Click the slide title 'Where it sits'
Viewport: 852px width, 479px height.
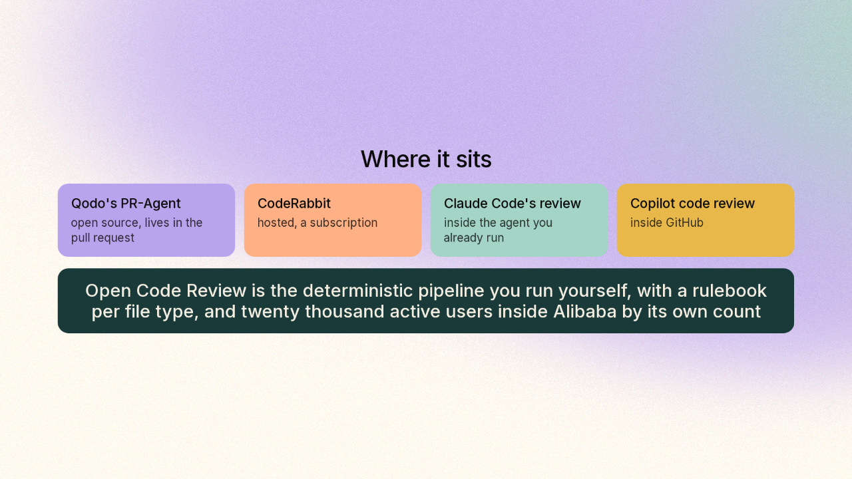click(426, 159)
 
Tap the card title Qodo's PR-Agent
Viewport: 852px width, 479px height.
click(126, 204)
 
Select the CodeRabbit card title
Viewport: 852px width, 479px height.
click(294, 204)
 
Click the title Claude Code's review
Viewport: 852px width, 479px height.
click(513, 204)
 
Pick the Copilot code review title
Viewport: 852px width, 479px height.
click(692, 204)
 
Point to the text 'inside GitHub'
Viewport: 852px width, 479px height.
click(667, 222)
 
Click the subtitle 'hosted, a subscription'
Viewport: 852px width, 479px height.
click(318, 223)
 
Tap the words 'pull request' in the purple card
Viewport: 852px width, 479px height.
click(103, 238)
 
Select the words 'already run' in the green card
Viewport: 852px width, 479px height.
click(474, 238)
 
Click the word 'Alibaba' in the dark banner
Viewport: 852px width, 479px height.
click(584, 311)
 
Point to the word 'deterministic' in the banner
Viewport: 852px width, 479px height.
click(357, 291)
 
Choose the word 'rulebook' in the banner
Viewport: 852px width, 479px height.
click(729, 291)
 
